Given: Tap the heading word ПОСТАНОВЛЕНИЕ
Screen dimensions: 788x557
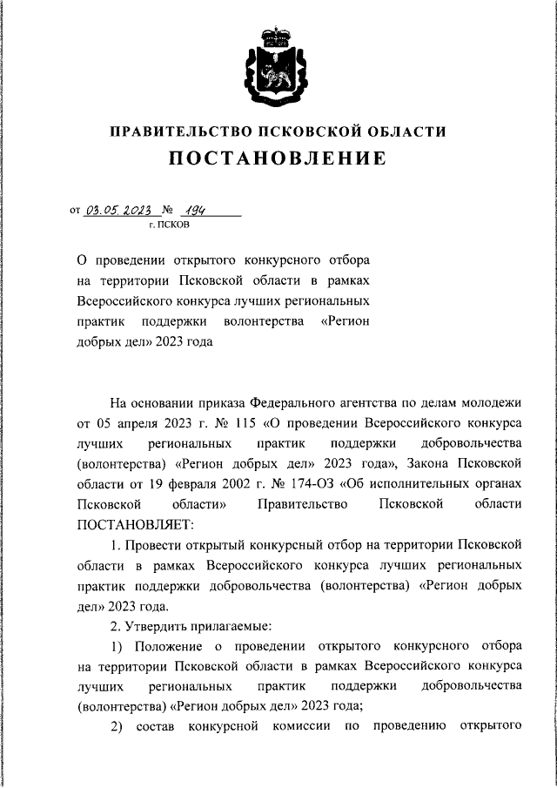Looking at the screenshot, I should coord(278,158).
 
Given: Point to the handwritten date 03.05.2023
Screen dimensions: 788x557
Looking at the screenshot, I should coord(120,210).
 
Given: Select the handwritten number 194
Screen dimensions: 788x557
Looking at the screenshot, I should coord(199,210).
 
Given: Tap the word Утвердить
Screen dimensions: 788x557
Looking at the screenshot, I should coord(164,627).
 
